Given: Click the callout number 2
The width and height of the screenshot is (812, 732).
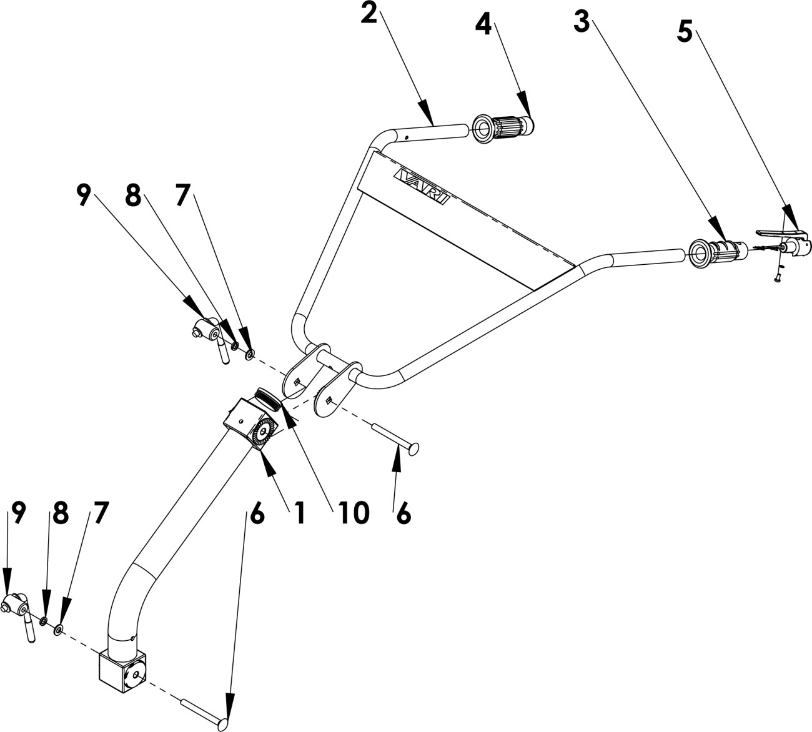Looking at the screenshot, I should (x=369, y=14).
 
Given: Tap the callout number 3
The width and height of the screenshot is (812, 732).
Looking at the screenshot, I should (x=582, y=22).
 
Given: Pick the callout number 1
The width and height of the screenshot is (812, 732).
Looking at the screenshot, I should (x=299, y=513).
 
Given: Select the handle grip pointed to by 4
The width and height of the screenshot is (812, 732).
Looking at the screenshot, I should (x=504, y=128).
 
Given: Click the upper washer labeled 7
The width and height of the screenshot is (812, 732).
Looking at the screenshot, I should (x=250, y=355).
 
